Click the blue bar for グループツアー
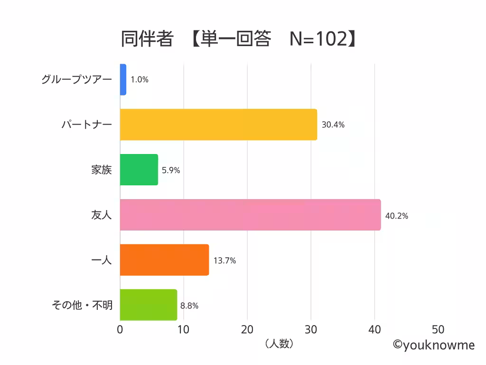click(123, 79)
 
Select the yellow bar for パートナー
click(218, 125)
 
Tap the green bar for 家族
click(139, 170)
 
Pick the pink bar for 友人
click(250, 215)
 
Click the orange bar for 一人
click(164, 260)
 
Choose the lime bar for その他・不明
click(148, 305)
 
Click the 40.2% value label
click(396, 216)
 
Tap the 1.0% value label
click(140, 80)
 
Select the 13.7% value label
click(224, 260)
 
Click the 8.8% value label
click(189, 306)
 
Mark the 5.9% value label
click(171, 170)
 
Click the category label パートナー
click(86, 125)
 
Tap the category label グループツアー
click(76, 79)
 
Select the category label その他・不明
click(82, 305)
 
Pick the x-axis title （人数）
click(279, 344)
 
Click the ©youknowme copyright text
click(433, 345)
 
